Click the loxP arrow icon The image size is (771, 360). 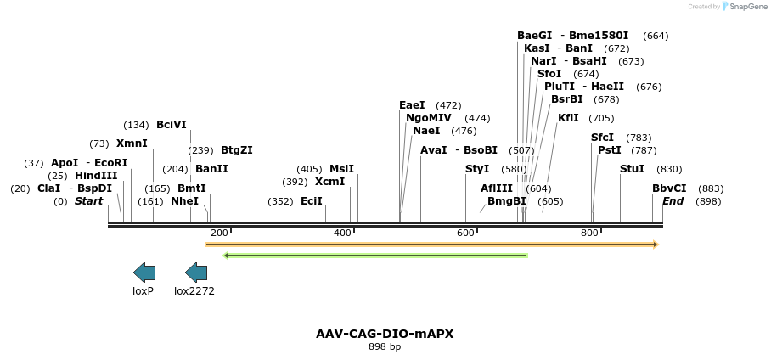[144, 273]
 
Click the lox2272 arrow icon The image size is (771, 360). [196, 273]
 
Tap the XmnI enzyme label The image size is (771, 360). [132, 143]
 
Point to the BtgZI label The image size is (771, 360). [237, 150]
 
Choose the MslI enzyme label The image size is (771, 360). [341, 169]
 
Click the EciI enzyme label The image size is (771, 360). [312, 201]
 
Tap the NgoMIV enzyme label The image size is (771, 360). [429, 118]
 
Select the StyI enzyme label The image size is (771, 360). [477, 169]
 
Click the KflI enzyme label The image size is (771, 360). [568, 118]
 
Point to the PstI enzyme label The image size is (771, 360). [610, 150]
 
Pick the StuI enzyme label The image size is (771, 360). [633, 169]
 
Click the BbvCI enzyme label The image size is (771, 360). [669, 188]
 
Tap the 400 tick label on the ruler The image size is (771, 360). [342, 233]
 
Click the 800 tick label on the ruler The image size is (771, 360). [589, 233]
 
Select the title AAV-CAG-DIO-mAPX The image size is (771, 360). [385, 334]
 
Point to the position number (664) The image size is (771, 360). [656, 36]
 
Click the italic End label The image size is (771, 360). [673, 201]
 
